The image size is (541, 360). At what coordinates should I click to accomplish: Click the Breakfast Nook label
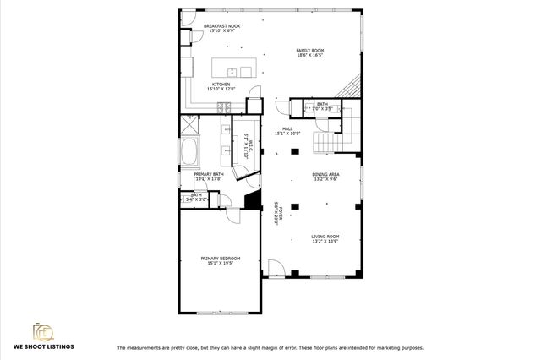[221, 26]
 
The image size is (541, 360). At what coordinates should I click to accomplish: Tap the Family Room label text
[310, 51]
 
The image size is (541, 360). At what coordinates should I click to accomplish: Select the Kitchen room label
[221, 85]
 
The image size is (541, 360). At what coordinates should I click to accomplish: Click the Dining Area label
[326, 175]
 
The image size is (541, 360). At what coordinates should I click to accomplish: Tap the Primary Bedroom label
[221, 258]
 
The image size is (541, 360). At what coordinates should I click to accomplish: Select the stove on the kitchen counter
[224, 106]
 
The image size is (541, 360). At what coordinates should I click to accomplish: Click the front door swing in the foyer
[276, 269]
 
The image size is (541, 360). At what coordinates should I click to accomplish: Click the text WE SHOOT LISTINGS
[43, 347]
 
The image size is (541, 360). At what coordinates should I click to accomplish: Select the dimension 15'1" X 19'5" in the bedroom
[221, 263]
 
